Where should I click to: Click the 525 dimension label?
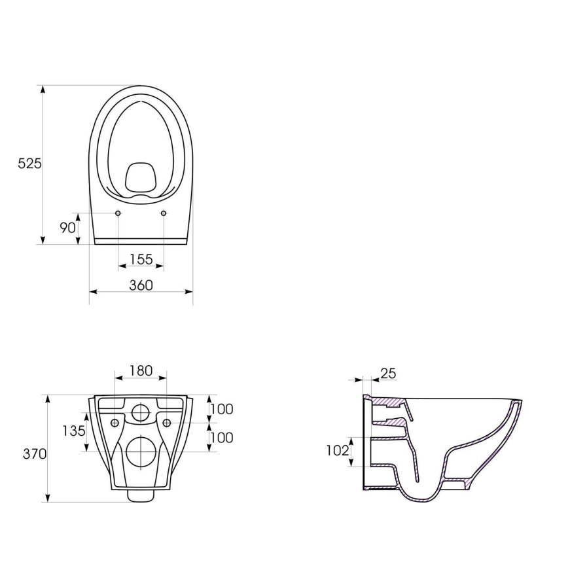29,164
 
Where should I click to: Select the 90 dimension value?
68,228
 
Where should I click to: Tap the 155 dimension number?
141,259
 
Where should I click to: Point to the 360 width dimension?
141,285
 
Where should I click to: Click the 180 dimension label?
141,370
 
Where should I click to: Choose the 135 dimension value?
74,431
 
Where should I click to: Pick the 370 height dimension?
35,454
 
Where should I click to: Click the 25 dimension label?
388,373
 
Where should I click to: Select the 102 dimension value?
337,451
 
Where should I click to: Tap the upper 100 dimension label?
222,409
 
